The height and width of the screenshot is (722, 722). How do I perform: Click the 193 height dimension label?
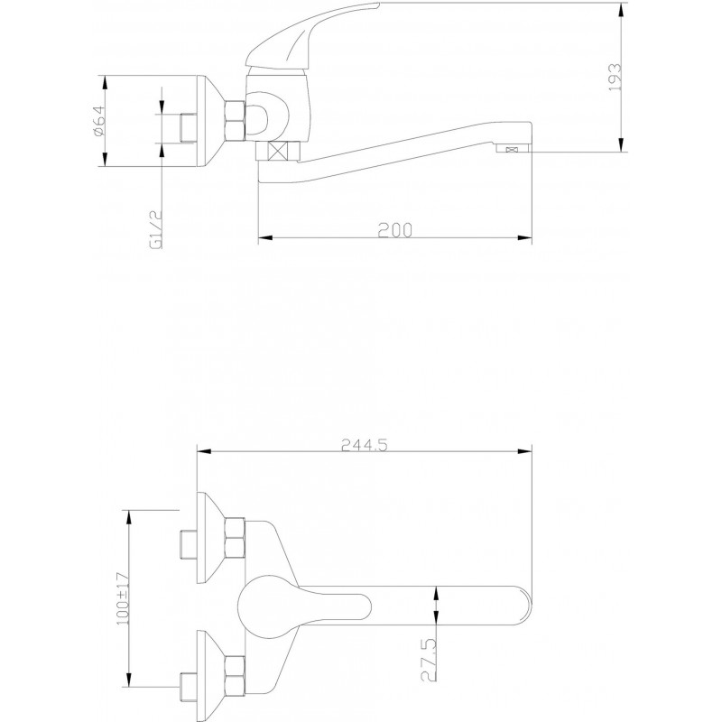tap(615, 77)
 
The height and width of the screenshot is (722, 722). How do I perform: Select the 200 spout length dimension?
tap(395, 230)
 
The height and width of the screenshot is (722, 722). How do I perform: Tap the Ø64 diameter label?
tap(99, 121)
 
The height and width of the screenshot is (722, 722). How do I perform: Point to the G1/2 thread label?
tap(156, 229)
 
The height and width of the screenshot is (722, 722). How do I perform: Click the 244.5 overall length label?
tap(365, 445)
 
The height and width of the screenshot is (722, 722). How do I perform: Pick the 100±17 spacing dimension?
tap(123, 598)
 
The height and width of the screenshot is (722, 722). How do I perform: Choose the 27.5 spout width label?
tap(429, 660)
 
